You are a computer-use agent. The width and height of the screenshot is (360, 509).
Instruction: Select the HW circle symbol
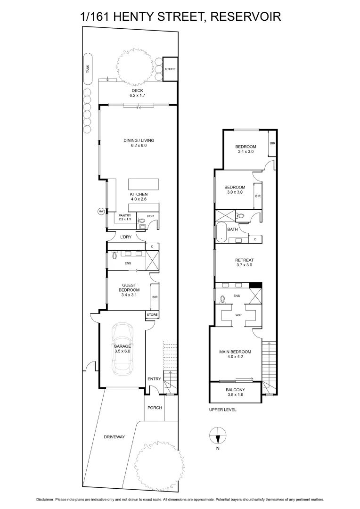point(101,212)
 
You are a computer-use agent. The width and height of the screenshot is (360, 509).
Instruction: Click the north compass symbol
point(218,435)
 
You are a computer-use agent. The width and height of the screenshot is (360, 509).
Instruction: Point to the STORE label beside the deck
point(170,69)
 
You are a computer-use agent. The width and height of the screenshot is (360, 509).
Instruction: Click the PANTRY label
point(125,215)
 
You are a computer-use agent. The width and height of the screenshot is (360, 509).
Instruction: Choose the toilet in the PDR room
point(141,221)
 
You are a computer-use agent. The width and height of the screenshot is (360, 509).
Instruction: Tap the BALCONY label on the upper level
point(235,389)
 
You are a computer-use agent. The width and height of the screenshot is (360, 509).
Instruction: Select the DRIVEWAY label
point(115,437)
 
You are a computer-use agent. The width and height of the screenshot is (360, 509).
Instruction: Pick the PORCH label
point(155,408)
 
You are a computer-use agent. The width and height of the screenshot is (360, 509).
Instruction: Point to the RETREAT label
point(245,260)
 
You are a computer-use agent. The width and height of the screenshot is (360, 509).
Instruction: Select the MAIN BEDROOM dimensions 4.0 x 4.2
point(235,357)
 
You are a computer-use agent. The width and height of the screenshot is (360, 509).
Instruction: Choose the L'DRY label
point(125,237)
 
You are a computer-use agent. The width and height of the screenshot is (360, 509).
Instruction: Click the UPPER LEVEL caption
point(223,410)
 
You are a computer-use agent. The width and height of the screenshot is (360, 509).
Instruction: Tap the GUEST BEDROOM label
point(129,287)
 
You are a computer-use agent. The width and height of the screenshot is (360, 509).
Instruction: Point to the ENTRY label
point(154,379)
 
